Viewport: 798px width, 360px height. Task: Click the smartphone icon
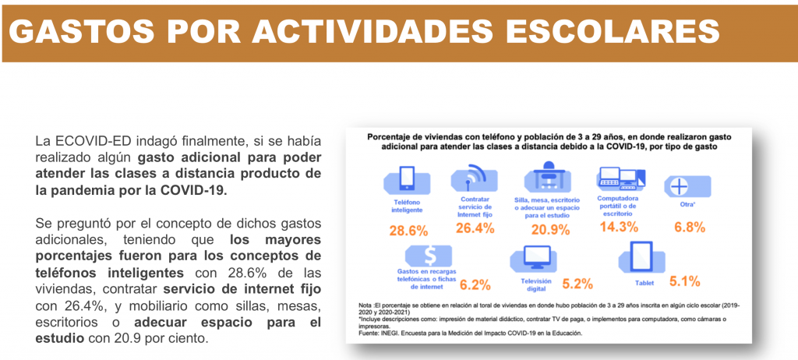coord(406,179)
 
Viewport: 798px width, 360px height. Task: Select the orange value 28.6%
coord(409,231)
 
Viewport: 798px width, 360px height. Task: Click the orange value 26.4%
coord(475,229)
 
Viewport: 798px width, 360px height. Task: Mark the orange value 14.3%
coord(620,227)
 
